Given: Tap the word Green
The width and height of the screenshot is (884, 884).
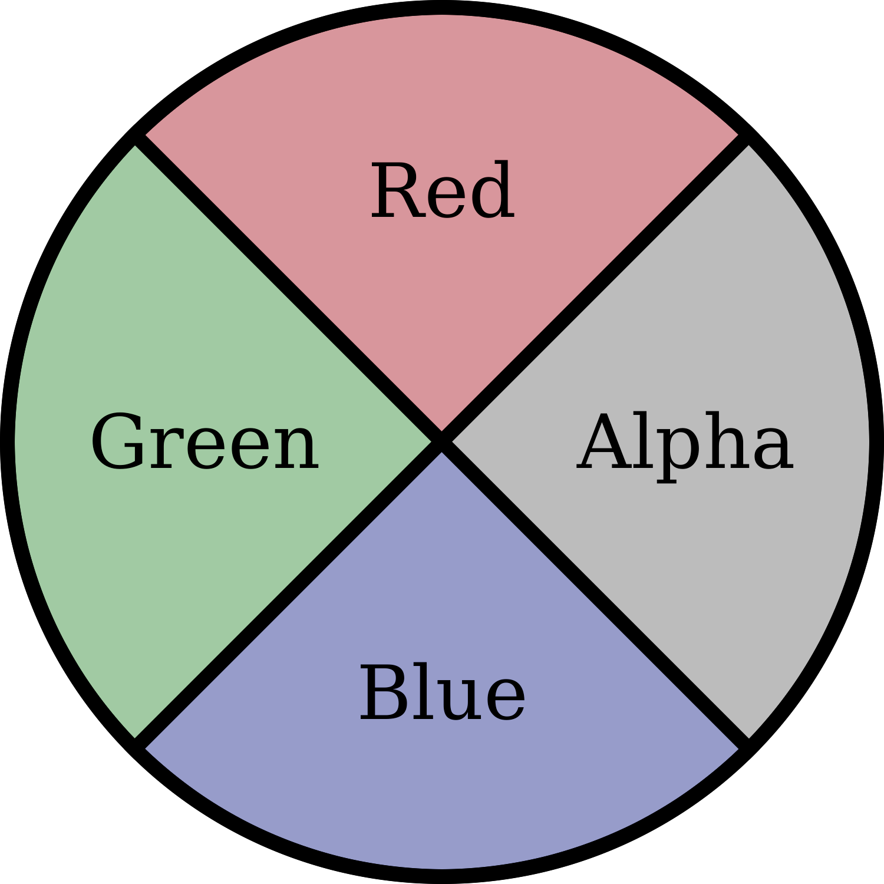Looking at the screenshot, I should [204, 442].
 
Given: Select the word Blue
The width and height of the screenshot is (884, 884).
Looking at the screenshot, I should [442, 693].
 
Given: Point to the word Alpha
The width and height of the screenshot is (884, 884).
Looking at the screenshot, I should [685, 442].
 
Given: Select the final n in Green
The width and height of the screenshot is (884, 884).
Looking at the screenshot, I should [298, 449].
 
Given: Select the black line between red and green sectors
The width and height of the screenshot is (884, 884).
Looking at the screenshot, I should [289, 289].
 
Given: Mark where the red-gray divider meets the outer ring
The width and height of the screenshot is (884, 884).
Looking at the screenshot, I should [744, 140].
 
